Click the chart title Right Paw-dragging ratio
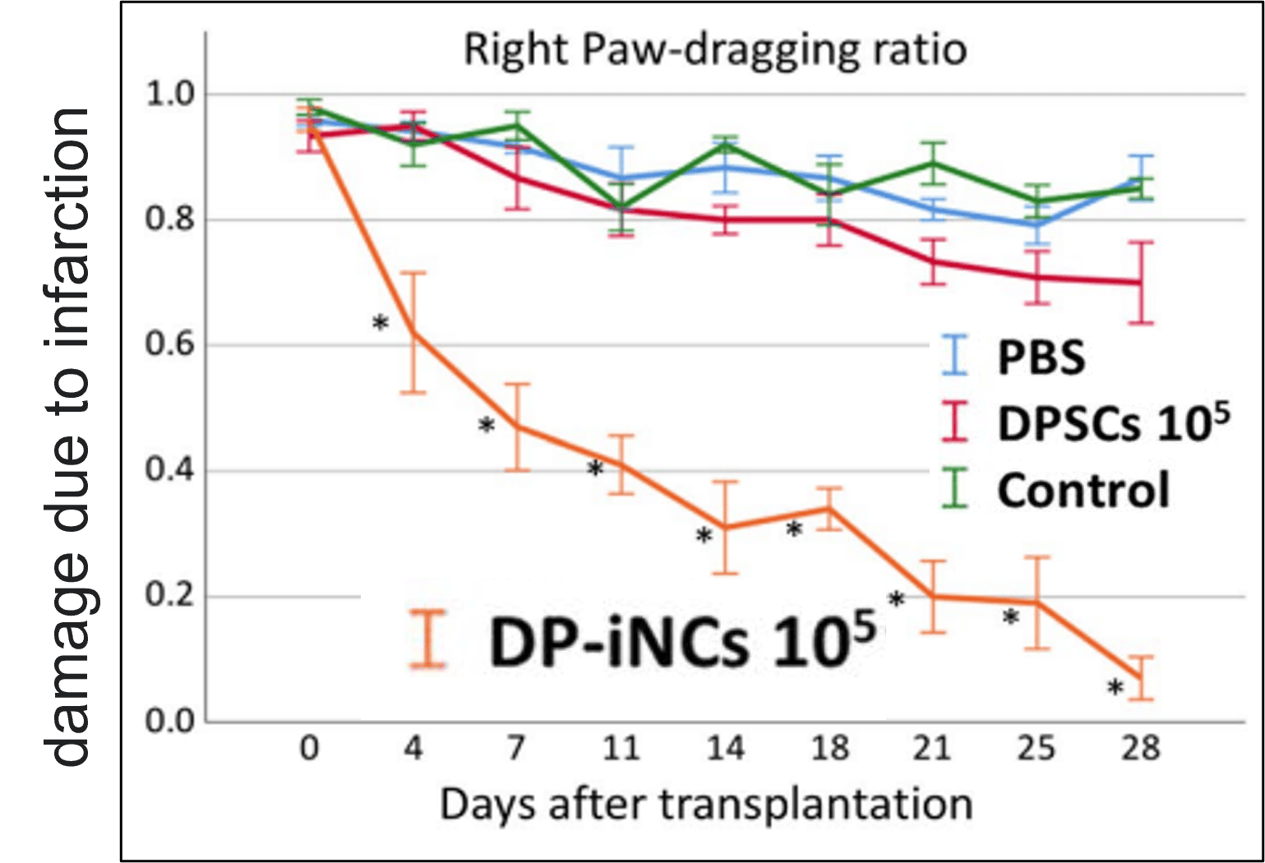[x=714, y=50]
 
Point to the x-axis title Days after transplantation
[x=706, y=804]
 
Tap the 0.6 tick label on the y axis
[x=170, y=344]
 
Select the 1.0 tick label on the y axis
[x=170, y=94]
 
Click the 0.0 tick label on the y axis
[x=170, y=721]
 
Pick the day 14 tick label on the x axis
[x=725, y=749]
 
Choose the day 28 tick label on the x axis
[x=1140, y=749]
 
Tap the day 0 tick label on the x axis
[x=309, y=749]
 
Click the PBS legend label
[x=1041, y=358]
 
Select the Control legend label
[x=1083, y=491]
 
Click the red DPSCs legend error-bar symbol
[x=956, y=422]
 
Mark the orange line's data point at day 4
[x=413, y=331]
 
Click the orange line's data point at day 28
[x=1140, y=677]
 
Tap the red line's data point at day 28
[x=1140, y=283]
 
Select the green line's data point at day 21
[x=932, y=162]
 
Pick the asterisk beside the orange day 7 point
[x=487, y=427]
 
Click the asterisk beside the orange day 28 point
[x=1115, y=688]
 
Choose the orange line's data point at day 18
[x=829, y=509]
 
